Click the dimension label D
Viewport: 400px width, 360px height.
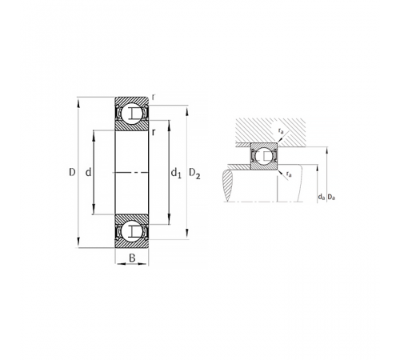72,172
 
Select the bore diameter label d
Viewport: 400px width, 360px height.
88,172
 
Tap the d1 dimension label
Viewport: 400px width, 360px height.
176,173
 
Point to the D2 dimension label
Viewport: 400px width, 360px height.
194,174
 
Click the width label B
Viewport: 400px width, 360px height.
132,258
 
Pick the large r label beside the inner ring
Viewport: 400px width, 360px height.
153,132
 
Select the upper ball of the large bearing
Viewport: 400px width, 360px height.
132,113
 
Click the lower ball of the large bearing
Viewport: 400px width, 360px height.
132,231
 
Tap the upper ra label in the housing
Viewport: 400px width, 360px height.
281,131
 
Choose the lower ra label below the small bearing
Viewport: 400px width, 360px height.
289,174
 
